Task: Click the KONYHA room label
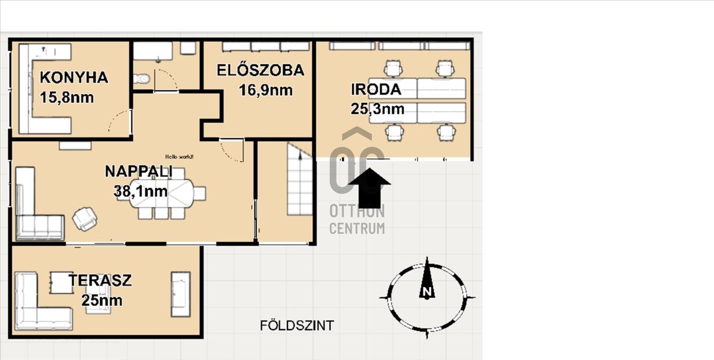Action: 74,77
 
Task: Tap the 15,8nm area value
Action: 67,97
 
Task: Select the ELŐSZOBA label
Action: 261,70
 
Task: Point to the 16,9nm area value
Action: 265,90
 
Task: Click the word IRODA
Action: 376,89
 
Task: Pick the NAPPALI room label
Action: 139,171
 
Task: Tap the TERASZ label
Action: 100,280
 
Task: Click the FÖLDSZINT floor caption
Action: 297,325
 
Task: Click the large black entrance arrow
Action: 369,188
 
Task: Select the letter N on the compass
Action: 427,292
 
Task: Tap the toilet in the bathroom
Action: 142,79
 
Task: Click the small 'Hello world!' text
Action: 179,156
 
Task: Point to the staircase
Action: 300,179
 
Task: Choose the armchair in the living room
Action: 84,219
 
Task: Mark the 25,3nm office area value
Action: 377,109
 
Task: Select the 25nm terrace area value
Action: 102,300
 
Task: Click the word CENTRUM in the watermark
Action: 357,228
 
